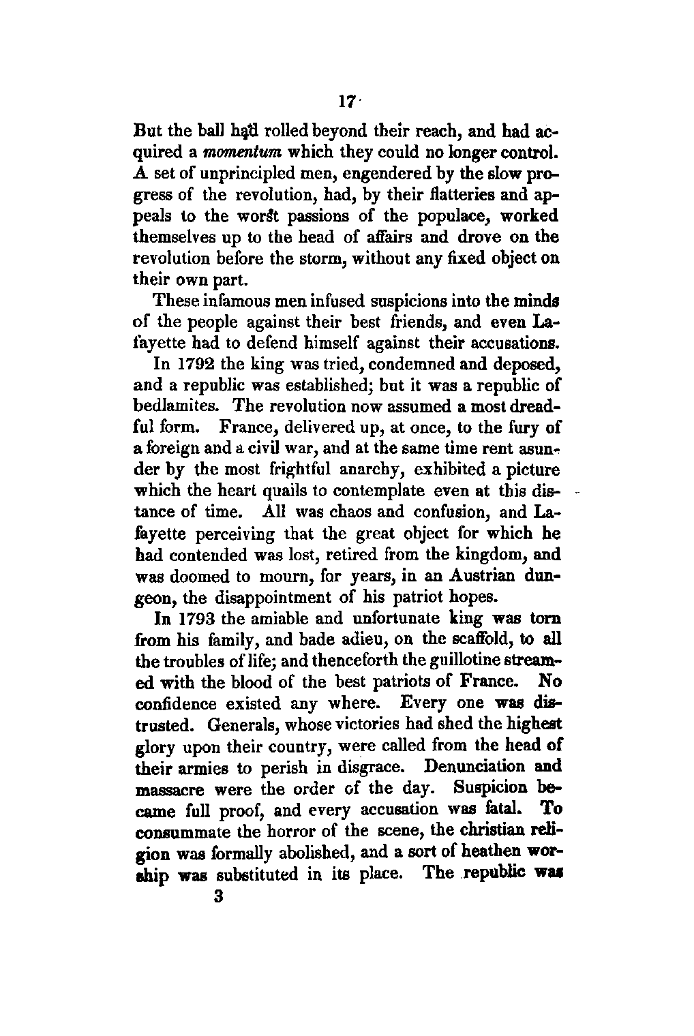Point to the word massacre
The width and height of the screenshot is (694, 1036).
click(170, 789)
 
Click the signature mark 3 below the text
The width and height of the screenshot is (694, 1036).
click(219, 898)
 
